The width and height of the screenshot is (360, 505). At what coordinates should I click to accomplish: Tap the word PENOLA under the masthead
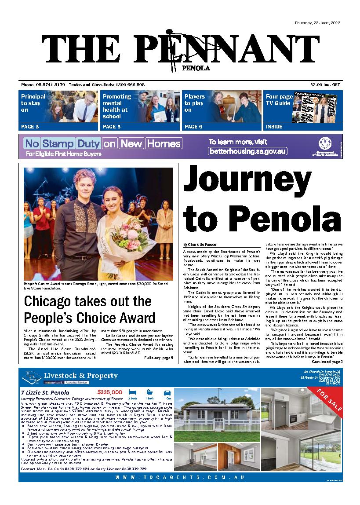click(195, 68)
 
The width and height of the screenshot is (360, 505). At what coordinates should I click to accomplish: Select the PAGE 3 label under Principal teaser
click(30, 127)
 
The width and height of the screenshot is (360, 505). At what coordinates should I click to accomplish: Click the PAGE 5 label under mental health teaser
click(112, 127)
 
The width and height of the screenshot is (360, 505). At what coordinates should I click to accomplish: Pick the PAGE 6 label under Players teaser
click(193, 127)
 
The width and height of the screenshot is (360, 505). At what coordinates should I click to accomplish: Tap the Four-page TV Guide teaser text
click(278, 100)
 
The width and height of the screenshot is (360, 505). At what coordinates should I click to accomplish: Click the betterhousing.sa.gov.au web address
click(248, 151)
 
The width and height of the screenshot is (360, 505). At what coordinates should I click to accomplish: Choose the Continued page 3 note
click(327, 362)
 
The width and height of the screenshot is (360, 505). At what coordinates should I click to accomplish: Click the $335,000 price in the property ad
click(110, 392)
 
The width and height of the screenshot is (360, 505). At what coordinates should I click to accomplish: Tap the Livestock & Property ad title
click(80, 376)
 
